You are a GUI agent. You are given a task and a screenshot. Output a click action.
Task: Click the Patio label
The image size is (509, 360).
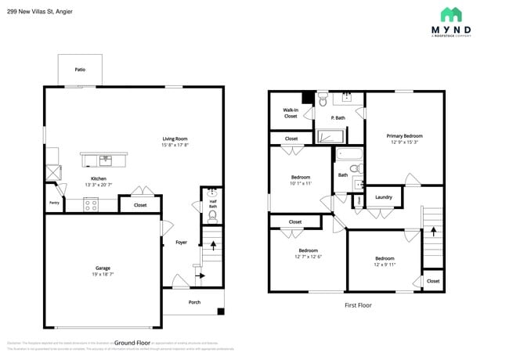80,70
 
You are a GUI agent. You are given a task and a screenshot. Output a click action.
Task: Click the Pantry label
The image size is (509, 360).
54,203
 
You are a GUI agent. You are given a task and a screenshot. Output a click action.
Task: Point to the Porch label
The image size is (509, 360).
194,302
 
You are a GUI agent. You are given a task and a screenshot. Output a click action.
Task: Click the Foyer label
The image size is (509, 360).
181,242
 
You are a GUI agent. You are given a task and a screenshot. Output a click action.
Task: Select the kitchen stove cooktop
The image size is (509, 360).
90,206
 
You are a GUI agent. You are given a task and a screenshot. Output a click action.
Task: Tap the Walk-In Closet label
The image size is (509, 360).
291,113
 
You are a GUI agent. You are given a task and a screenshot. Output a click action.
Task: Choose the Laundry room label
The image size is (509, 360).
384,197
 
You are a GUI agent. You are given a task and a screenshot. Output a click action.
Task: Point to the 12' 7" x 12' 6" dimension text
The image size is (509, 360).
309,257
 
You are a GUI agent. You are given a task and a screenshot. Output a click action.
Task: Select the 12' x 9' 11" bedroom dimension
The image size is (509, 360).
384,265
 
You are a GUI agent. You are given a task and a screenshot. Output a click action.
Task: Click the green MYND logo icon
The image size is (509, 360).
450,14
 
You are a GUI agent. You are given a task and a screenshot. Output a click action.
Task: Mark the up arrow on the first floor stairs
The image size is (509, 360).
432,232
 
